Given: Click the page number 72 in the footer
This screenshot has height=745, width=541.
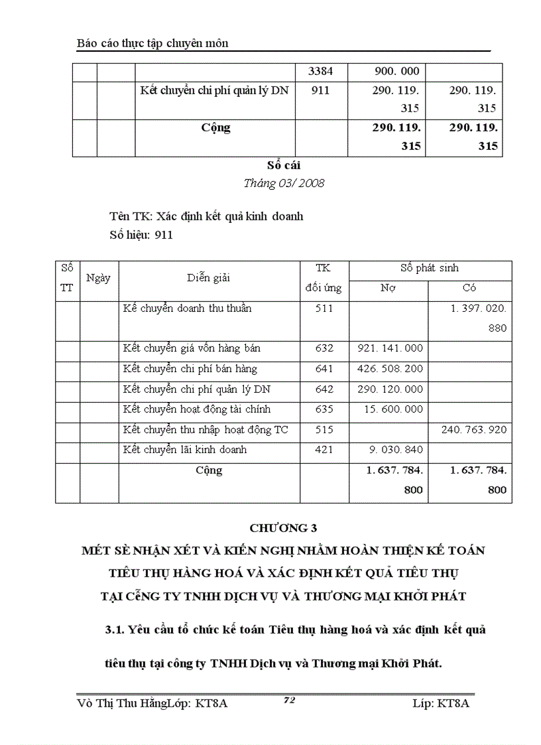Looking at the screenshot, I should click(x=288, y=700).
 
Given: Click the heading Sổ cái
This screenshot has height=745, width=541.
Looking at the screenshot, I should click(x=283, y=166).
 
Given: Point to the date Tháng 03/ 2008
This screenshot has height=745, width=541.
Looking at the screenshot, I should click(x=283, y=184).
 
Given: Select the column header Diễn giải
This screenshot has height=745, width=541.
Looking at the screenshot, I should click(x=208, y=279).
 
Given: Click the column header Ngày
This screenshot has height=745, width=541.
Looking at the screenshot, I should click(x=98, y=279).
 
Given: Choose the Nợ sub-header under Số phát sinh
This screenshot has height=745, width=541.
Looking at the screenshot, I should click(x=388, y=289).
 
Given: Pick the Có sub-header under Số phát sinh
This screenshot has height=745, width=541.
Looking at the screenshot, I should click(x=469, y=289).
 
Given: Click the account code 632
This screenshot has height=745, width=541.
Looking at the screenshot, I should click(x=324, y=348).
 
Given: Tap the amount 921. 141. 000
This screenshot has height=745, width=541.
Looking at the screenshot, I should click(x=393, y=348).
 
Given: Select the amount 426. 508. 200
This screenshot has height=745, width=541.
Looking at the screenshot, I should click(x=393, y=369).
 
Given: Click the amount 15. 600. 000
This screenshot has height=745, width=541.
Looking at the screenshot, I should click(x=393, y=410).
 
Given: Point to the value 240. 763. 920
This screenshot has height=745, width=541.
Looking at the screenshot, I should click(x=473, y=430).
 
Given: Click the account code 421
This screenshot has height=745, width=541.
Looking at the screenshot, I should click(x=324, y=450).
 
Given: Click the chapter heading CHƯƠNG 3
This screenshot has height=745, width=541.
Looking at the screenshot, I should click(x=283, y=529).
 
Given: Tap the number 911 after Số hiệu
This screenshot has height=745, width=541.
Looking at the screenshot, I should click(x=163, y=235).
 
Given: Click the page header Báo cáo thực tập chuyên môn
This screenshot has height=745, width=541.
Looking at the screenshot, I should click(x=152, y=43).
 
